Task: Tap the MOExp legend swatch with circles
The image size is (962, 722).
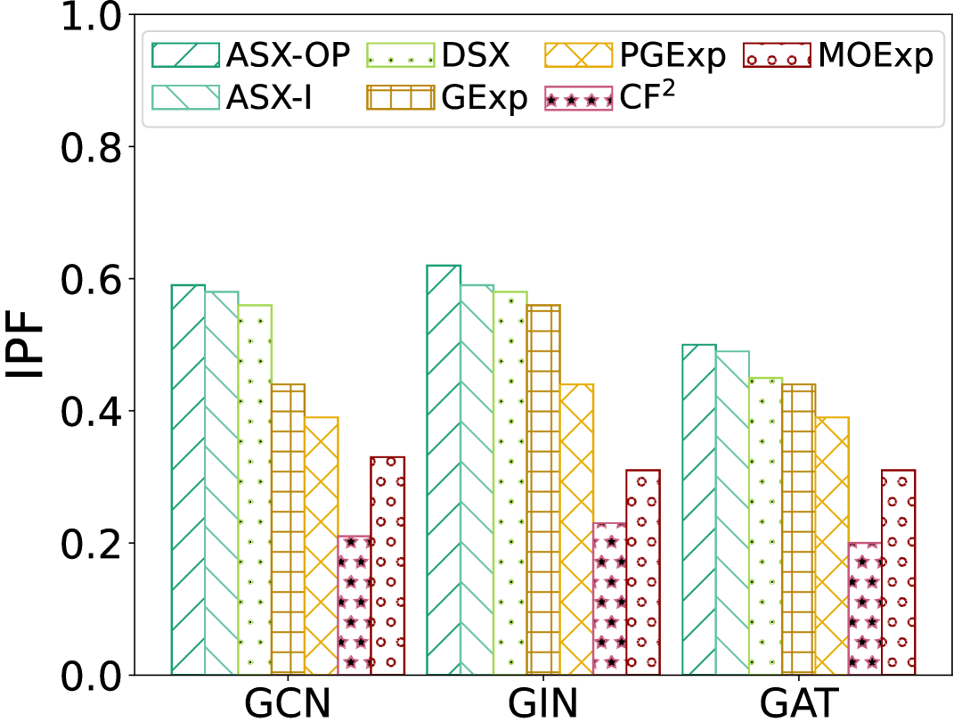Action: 775,55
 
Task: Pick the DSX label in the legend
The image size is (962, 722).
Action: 474,55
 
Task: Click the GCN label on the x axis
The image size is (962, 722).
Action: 287,702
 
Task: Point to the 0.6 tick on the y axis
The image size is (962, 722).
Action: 89,278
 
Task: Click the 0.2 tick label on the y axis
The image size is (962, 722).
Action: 89,543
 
